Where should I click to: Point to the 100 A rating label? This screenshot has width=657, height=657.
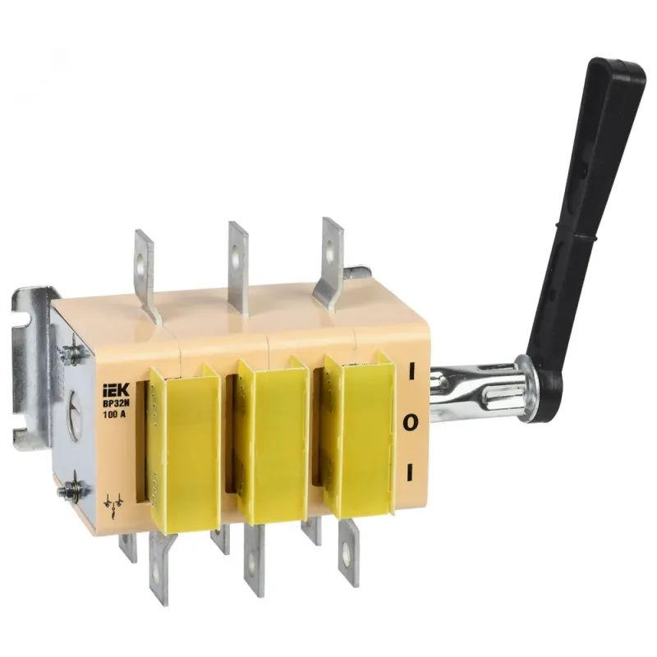point(114,416)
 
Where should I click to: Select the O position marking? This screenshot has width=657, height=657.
point(410,422)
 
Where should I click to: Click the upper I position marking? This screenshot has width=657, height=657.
point(411,371)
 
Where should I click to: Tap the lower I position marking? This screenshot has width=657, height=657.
point(410,472)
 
